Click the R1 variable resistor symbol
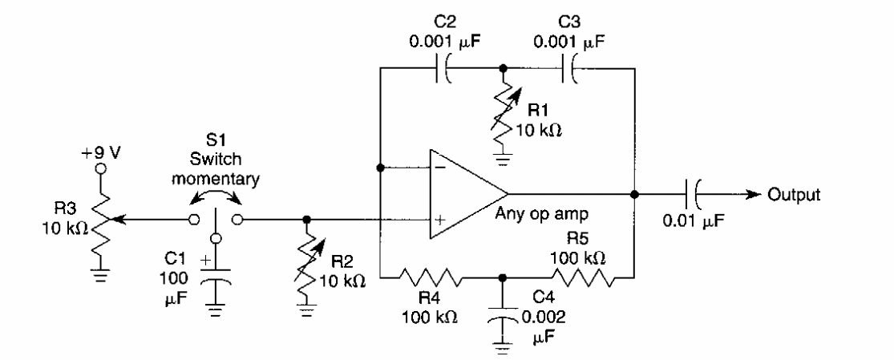(x=504, y=113)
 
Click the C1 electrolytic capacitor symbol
(x=215, y=281)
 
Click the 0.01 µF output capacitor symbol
(x=694, y=194)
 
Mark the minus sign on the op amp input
(x=439, y=169)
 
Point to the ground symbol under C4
(x=503, y=346)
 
